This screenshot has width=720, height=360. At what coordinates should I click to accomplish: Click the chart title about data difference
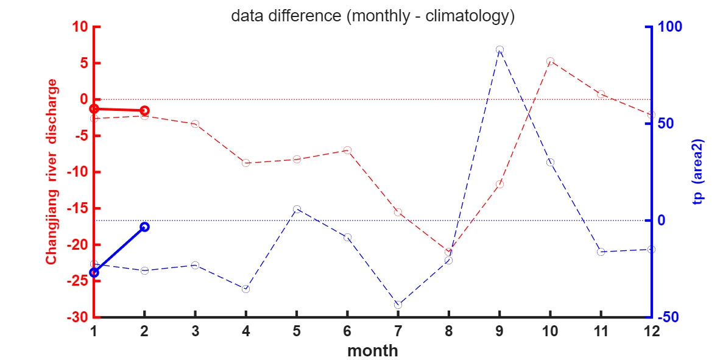(373, 16)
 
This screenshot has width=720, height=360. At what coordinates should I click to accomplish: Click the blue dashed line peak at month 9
(499, 49)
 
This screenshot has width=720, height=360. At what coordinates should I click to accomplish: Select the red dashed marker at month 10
(550, 61)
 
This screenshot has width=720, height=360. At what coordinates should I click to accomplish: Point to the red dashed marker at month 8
(448, 252)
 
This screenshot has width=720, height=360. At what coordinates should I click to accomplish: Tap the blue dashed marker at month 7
(398, 305)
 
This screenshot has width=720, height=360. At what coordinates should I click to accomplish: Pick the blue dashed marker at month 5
(297, 209)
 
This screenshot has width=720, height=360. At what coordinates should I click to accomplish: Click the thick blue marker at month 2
(144, 227)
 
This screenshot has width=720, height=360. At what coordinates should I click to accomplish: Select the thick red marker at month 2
(144, 110)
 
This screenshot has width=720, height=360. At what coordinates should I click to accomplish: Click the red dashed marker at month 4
(246, 163)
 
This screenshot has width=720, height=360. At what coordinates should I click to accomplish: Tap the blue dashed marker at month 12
(651, 249)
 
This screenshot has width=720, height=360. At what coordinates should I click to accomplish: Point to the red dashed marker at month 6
(347, 150)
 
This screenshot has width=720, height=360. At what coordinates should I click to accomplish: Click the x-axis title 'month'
(373, 351)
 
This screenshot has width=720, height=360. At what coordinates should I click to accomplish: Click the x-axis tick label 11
(601, 331)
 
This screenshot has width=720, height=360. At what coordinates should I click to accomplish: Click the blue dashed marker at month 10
(550, 162)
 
